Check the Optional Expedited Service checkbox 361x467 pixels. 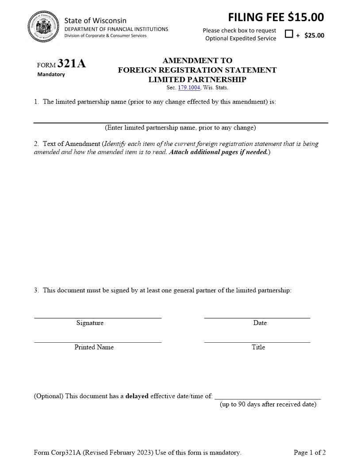289,34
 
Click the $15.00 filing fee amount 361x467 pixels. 306,17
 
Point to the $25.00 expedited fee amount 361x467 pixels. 314,35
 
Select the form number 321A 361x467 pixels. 72,64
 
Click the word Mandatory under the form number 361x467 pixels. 51,74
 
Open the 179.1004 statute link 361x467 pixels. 189,88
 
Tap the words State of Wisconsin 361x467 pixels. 95,20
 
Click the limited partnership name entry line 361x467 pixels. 180,118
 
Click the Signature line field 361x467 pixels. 98,314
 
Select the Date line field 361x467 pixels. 257,314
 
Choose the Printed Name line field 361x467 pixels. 98,338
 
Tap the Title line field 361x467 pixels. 257,338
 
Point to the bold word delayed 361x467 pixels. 137,396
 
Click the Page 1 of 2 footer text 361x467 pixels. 310,452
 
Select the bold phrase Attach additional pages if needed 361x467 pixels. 219,152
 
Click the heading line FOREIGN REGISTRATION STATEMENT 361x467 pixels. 197,70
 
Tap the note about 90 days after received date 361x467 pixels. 268,404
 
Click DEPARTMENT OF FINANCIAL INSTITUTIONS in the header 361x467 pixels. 116,29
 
